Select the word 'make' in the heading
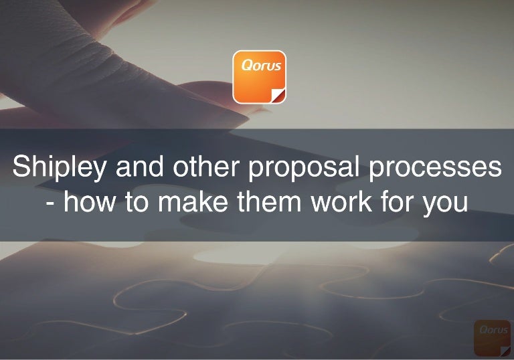pos(184,201)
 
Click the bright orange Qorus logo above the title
pos(259,77)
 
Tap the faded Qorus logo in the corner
pos(492,337)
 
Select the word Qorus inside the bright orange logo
pos(259,66)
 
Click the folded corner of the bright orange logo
pos(279,95)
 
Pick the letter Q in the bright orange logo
pos(245,66)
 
